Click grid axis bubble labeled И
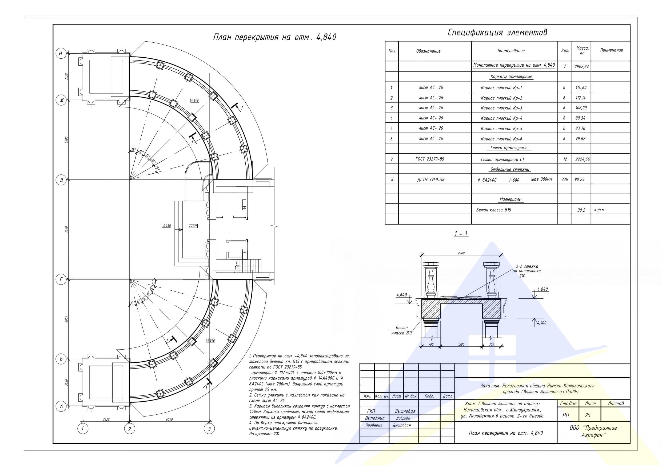pos(61,53)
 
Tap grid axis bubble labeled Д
pos(61,180)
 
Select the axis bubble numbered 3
pos(209,429)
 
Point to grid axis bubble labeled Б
pos(61,359)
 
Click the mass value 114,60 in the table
pos(581,88)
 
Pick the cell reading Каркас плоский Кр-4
pos(501,118)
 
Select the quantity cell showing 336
pos(564,180)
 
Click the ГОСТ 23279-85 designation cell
pos(430,159)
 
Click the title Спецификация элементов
pos(497,33)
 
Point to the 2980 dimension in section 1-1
pos(461,253)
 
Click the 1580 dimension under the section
pos(461,344)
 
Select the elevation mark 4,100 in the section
pos(542,323)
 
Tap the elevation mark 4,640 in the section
pos(402,295)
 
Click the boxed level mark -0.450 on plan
pos(166,226)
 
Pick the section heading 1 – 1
pos(461,234)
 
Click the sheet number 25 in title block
pos(587,415)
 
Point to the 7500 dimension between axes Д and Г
pos(66,230)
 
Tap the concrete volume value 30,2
pos(581,210)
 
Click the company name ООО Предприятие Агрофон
pos(593,432)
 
